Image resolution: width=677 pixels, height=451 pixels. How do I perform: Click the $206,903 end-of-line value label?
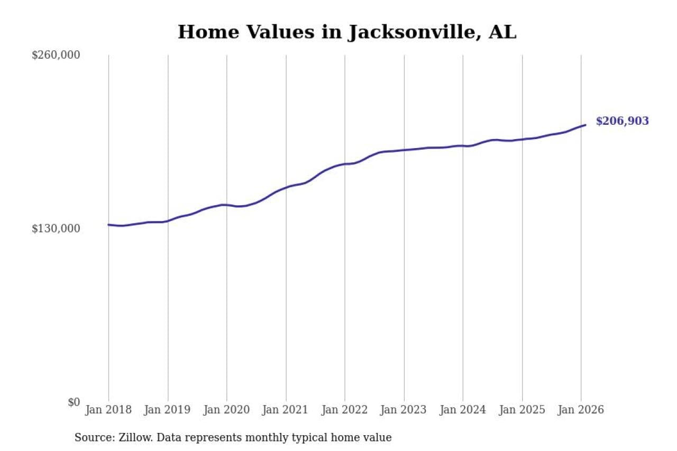(622, 121)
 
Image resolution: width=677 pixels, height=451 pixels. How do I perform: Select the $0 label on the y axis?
(74, 402)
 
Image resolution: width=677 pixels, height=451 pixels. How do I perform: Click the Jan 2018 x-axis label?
(109, 410)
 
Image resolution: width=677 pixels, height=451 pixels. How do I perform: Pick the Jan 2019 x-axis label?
(168, 410)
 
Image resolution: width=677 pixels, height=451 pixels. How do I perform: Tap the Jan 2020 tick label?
(227, 410)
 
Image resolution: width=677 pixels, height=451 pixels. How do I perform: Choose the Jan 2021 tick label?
(286, 410)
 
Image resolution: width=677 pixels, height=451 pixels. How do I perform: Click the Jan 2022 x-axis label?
(345, 410)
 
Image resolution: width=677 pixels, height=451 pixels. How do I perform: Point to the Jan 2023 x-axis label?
(404, 410)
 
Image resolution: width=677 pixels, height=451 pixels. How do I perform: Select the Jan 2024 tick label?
(463, 410)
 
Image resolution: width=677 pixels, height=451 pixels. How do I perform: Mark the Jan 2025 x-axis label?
(522, 410)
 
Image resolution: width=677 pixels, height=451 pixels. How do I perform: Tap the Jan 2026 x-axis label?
(581, 410)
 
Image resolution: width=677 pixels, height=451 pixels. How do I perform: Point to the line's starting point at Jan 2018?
(109, 225)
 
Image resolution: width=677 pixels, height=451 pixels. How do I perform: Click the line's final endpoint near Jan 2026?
(585, 125)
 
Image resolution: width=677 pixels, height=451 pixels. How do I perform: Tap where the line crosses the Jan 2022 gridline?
(345, 164)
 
